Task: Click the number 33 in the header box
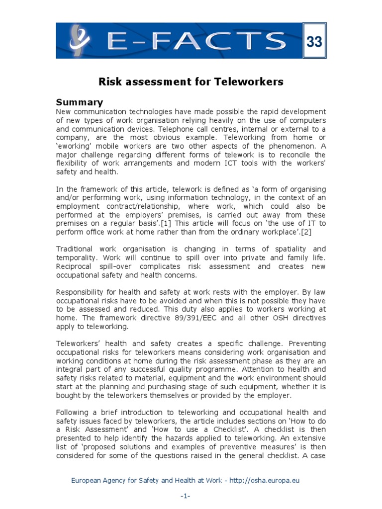click(x=314, y=42)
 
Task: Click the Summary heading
click(x=79, y=102)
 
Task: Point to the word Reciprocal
click(x=75, y=266)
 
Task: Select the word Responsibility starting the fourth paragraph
click(x=81, y=292)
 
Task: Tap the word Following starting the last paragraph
click(x=73, y=413)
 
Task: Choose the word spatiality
click(x=289, y=249)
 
